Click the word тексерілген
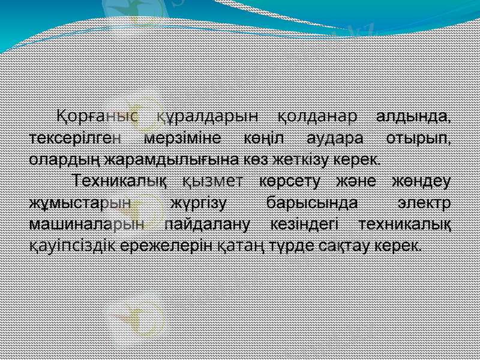coord(76,137)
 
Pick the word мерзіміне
coord(182,137)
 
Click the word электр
coord(425,202)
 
